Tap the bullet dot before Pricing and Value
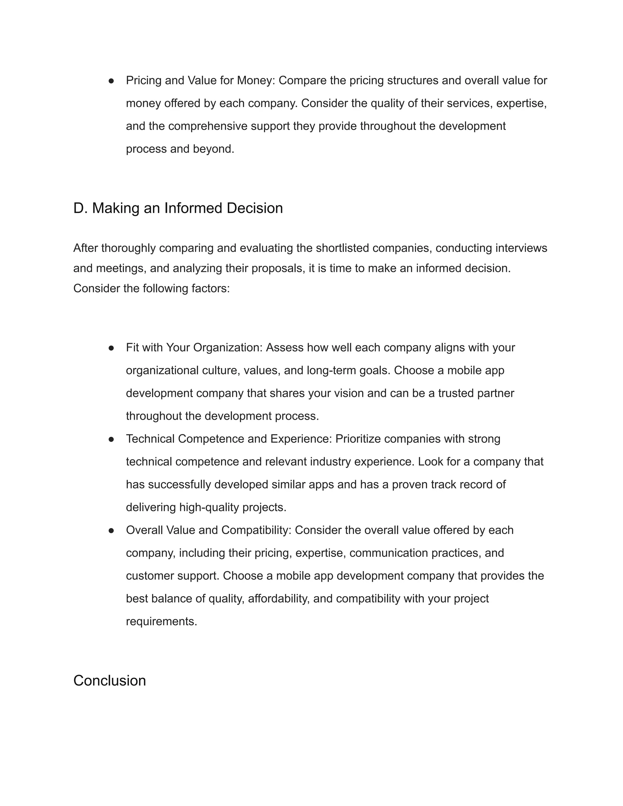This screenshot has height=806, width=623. [x=111, y=81]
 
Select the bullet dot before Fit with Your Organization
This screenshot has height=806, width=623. [x=111, y=348]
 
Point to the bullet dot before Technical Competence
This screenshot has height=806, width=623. [x=111, y=439]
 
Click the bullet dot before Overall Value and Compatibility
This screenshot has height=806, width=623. [x=111, y=531]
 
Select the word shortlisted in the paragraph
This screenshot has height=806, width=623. [x=343, y=248]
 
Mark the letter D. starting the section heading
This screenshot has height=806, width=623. [x=80, y=208]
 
